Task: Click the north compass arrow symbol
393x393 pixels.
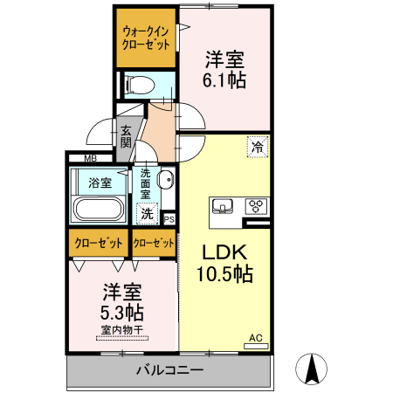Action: coord(311,369)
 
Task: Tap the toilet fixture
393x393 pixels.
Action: coord(138,84)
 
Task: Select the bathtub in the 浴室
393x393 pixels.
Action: coord(99,210)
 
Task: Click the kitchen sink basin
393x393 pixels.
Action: coord(224,207)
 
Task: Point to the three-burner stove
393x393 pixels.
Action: coord(257,207)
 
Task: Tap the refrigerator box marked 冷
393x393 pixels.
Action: coord(258,147)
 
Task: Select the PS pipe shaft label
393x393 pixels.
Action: coord(169,218)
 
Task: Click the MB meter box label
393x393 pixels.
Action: coord(90,158)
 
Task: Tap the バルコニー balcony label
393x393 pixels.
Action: coord(169,370)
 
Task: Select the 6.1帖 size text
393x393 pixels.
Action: coord(225,81)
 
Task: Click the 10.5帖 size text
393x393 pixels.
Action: coord(224,274)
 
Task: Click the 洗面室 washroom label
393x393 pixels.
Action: coord(146,183)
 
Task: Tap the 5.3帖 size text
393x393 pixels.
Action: coord(121,312)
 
